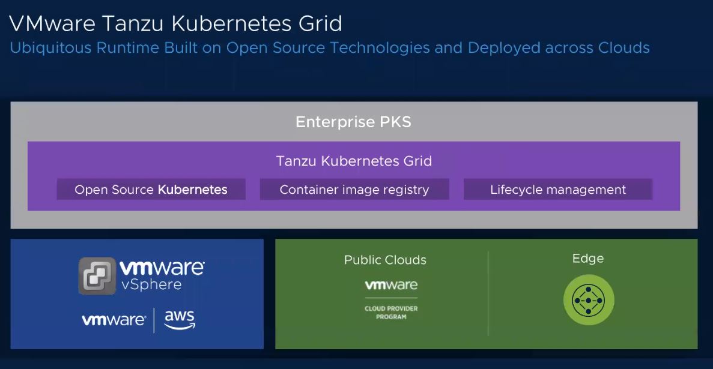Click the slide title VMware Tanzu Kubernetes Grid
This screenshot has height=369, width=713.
(175, 24)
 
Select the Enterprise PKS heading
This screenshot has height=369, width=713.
(353, 122)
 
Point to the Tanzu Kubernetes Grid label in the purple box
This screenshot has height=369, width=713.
(354, 161)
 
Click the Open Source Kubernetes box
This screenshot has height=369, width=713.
(151, 190)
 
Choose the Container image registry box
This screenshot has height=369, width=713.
(354, 190)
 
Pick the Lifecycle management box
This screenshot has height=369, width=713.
(557, 190)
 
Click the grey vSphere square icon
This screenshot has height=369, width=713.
(97, 276)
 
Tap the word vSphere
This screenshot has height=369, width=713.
(151, 284)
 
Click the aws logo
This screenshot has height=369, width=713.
(180, 320)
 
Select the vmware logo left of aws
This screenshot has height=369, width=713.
(114, 320)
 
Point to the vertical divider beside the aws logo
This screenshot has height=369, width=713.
(154, 320)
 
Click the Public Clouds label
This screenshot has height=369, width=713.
(385, 260)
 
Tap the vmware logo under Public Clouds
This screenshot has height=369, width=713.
(391, 285)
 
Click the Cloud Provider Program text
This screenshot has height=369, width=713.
(391, 313)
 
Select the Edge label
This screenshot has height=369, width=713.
(588, 259)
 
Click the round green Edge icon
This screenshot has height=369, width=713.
(589, 300)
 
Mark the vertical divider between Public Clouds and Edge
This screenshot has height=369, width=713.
(488, 294)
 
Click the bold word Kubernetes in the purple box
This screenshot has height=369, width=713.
(192, 190)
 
